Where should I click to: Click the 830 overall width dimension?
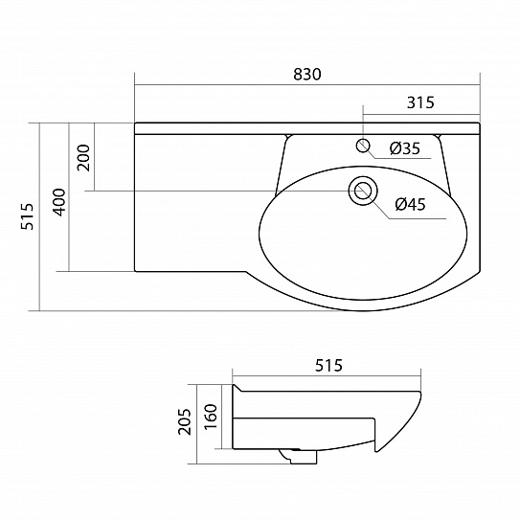click(307, 75)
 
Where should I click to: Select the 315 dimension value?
click(420, 102)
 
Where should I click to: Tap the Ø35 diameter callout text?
click(405, 148)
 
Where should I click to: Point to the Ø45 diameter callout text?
click(410, 204)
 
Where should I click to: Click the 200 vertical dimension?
click(83, 157)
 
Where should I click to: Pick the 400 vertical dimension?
click(60, 202)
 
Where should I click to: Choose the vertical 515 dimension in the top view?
click(27, 216)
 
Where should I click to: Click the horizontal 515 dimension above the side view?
click(328, 366)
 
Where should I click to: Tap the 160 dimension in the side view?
click(211, 417)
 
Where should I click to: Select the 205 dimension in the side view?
click(185, 421)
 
